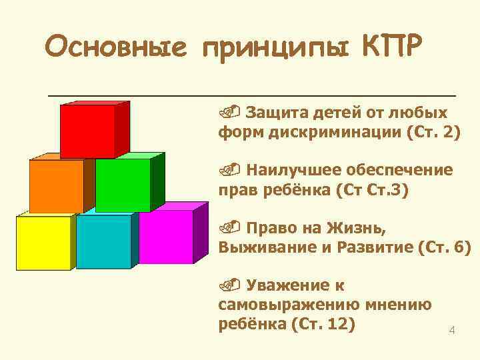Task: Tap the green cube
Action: point(123,185)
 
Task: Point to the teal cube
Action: point(104,241)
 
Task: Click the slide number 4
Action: point(451,331)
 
